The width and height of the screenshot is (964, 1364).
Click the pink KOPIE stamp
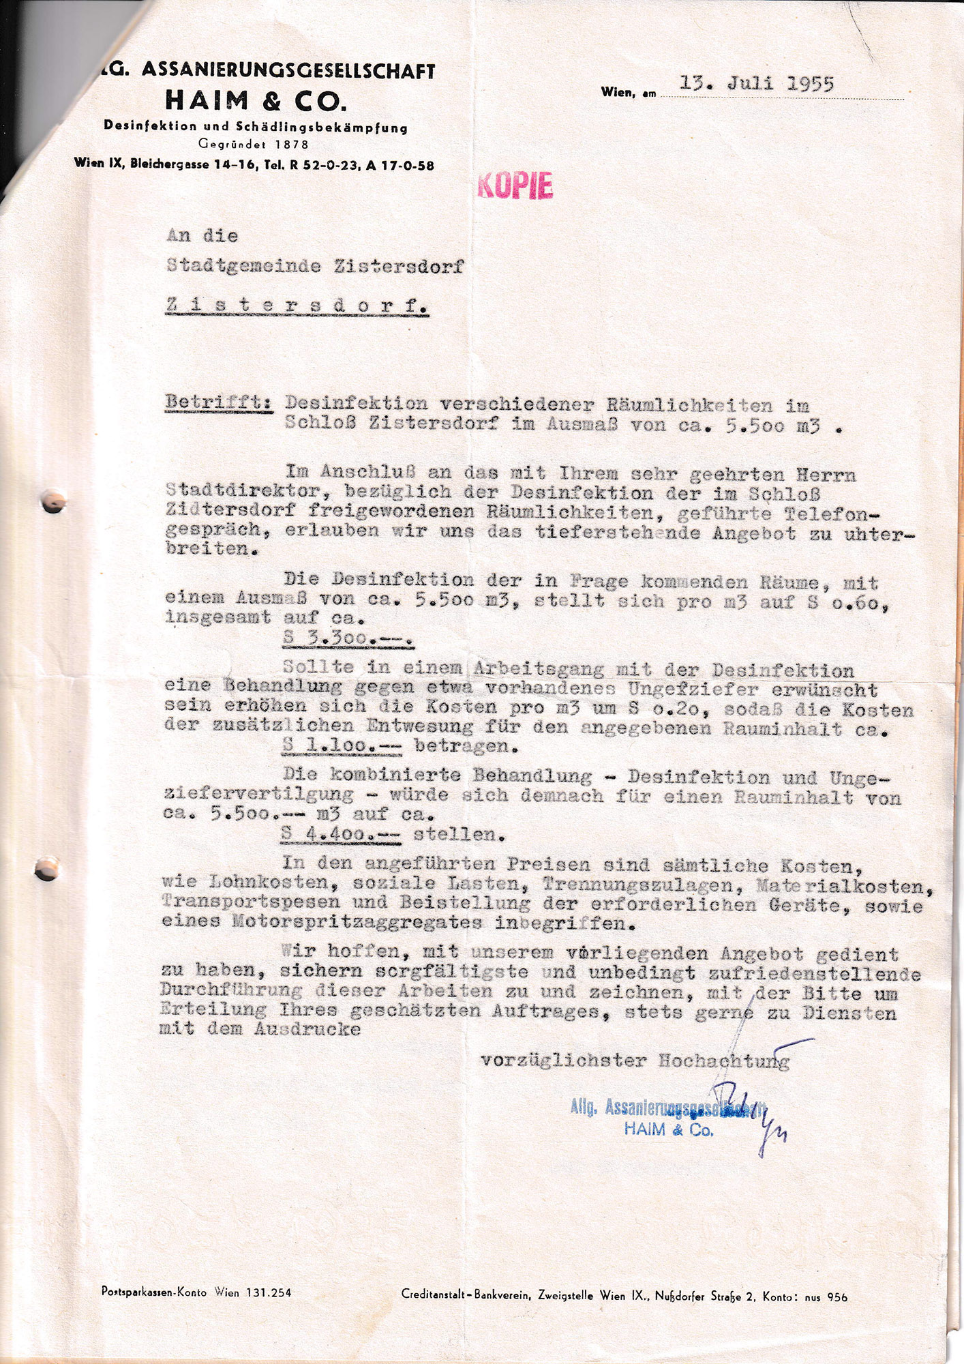tap(515, 185)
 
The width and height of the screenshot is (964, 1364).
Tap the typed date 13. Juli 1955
tap(757, 84)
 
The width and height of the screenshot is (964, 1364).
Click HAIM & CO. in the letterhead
tap(256, 101)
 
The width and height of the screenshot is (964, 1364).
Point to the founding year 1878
tap(292, 145)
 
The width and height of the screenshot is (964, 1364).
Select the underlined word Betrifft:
tap(219, 402)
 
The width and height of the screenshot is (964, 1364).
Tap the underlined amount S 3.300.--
tap(348, 639)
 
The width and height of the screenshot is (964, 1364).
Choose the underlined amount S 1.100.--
tap(341, 746)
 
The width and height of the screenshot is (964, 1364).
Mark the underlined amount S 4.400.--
tap(342, 833)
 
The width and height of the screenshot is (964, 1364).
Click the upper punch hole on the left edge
tap(53, 502)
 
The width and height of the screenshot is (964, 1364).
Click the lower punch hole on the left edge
tap(46, 870)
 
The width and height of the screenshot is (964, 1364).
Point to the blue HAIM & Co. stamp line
tap(668, 1129)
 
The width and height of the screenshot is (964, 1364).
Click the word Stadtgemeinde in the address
tap(243, 266)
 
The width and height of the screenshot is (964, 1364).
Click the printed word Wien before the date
tap(617, 92)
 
